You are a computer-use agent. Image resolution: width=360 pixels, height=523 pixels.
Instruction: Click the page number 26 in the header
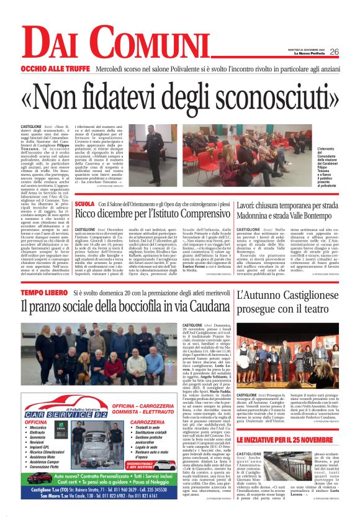[334, 52]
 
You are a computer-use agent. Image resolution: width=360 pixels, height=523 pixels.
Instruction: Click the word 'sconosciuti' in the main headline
[264, 91]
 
